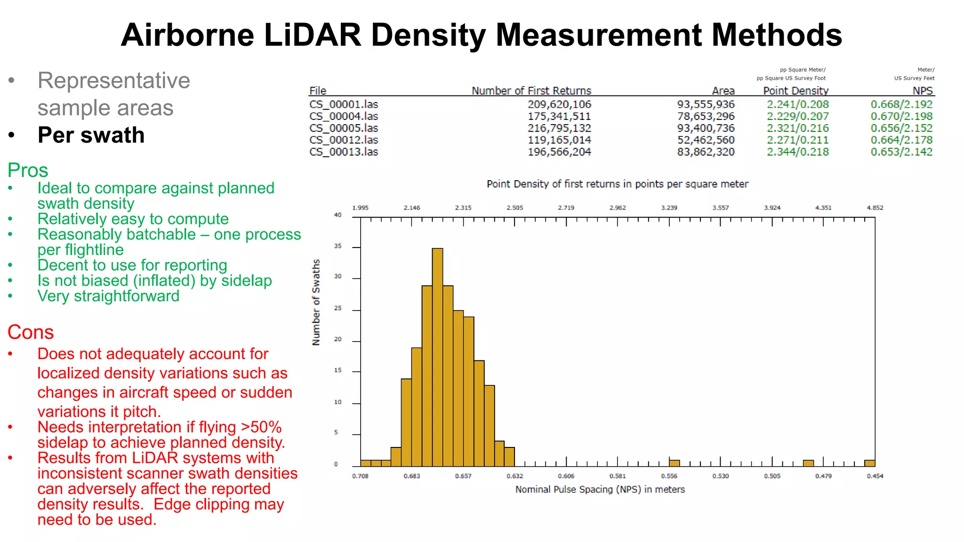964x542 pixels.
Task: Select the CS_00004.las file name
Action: click(344, 116)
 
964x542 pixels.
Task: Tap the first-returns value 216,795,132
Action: click(559, 128)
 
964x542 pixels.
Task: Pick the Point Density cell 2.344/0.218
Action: click(797, 152)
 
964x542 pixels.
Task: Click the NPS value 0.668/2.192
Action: click(901, 104)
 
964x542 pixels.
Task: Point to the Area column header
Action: click(723, 90)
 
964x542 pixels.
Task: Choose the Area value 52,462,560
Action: click(706, 140)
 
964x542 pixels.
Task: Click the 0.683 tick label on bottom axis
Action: click(412, 476)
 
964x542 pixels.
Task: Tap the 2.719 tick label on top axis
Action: click(566, 207)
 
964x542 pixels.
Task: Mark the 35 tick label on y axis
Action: click(337, 246)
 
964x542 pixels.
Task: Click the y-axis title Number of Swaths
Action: click(316, 302)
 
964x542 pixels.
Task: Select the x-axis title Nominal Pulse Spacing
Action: click(600, 489)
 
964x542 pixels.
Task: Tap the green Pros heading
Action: click(28, 170)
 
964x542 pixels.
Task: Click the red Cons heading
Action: click(31, 332)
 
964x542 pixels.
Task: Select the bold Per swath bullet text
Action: click(91, 135)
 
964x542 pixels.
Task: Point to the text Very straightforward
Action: click(108, 296)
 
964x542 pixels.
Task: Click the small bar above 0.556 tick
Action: click(674, 463)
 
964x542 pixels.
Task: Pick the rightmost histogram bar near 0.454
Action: click(870, 463)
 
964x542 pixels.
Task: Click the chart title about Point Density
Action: click(617, 184)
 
